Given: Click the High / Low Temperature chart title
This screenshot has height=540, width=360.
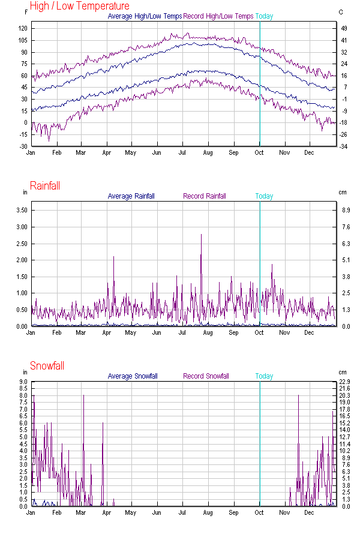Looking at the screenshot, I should click(79, 6).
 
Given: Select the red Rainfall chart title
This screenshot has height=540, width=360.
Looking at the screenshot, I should click(45, 186).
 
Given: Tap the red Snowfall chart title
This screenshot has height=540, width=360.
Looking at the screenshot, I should click(47, 366).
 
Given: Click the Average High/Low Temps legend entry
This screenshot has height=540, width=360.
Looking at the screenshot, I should click(145, 16).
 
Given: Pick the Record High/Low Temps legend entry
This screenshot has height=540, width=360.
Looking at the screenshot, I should click(218, 16).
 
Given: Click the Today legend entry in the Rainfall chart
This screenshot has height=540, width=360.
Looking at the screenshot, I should click(264, 196).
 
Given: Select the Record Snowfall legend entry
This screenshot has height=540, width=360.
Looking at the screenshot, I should click(206, 376).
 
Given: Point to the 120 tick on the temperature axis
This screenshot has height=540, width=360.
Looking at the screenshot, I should click(23, 29).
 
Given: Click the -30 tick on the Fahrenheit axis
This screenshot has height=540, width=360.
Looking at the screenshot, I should click(23, 146).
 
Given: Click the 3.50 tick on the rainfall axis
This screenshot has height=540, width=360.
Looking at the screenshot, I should click(22, 211).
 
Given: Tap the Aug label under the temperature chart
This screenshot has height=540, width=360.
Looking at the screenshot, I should click(208, 152).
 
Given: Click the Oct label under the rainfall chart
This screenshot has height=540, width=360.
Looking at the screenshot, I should click(259, 332).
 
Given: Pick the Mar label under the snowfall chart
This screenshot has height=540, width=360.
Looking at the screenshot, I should click(80, 512).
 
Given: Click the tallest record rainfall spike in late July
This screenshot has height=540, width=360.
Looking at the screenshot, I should click(201, 235).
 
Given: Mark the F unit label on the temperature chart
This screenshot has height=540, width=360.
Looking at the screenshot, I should click(26, 12).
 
